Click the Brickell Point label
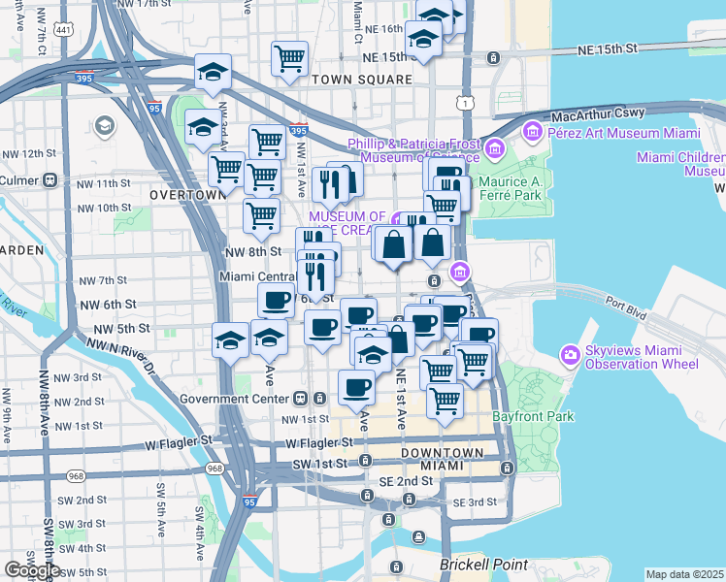(482, 565)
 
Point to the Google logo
(31, 569)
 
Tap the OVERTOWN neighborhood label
(188, 195)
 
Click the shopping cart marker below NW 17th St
(290, 58)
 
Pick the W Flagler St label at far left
(180, 441)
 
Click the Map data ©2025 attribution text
(685, 574)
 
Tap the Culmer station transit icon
(49, 180)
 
